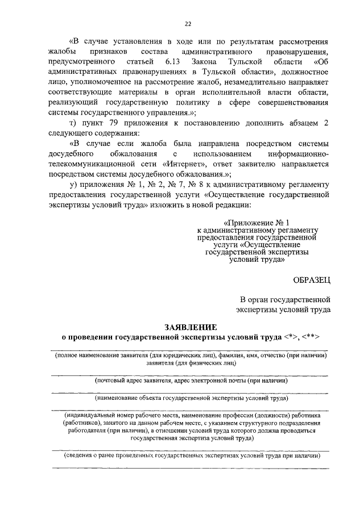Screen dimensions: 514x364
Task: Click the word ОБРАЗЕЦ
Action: tap(312, 278)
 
